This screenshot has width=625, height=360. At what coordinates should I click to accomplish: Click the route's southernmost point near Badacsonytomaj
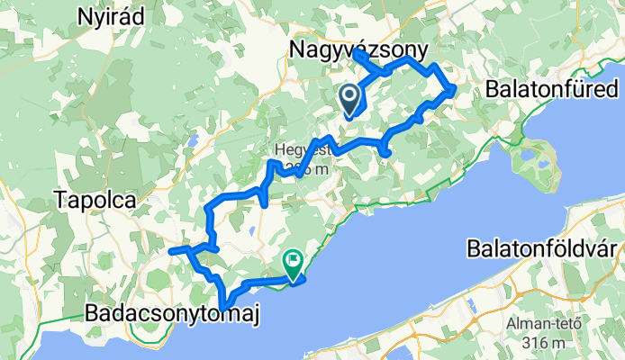coord(223,307)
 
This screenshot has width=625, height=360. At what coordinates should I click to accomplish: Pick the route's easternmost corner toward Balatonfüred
coord(453,90)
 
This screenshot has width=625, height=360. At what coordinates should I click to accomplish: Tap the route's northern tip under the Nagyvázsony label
coord(357,55)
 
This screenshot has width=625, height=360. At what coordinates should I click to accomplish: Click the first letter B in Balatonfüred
coord(491,90)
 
